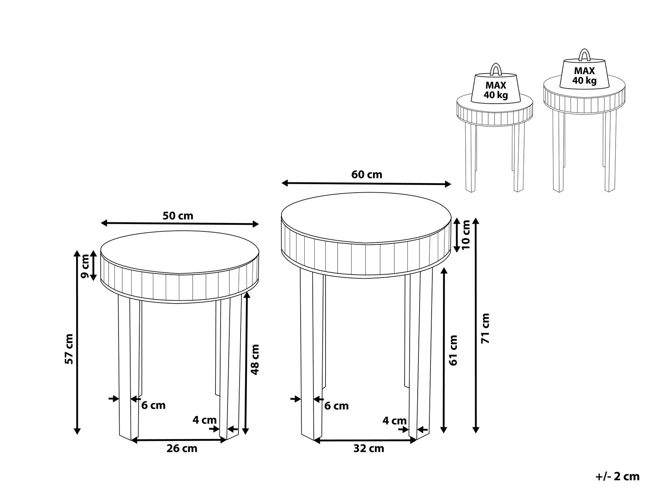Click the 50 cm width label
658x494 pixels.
(x=178, y=216)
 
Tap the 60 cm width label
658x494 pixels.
(x=366, y=175)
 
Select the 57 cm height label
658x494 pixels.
(x=69, y=349)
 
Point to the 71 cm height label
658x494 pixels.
(x=486, y=328)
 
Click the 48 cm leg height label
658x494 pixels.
(x=255, y=359)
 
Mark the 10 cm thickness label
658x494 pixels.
(x=466, y=235)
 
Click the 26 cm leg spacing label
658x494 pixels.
(x=182, y=448)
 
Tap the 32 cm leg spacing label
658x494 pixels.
(x=369, y=448)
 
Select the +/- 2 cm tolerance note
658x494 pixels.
(x=617, y=476)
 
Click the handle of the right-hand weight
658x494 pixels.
(x=584, y=55)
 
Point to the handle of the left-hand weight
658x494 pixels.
(x=495, y=70)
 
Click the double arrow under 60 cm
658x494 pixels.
(x=366, y=184)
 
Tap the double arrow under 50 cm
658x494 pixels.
(x=180, y=223)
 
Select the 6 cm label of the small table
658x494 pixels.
(x=154, y=405)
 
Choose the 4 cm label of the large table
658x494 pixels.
(x=394, y=421)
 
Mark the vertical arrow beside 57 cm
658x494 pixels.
(x=77, y=342)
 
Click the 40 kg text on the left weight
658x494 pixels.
(x=496, y=95)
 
